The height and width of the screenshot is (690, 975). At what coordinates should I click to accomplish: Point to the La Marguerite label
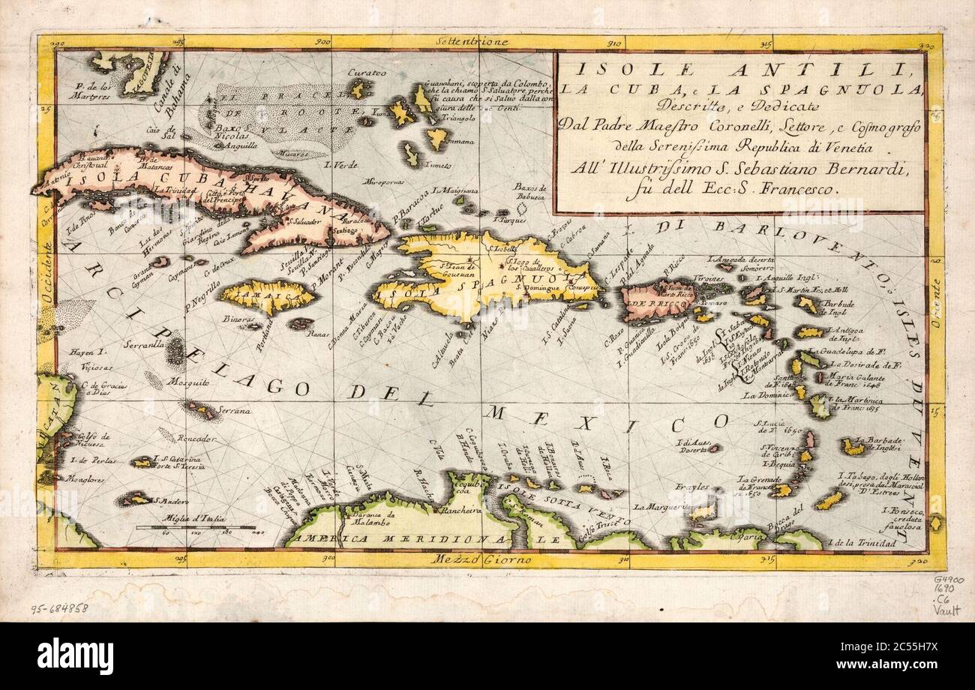[660, 507]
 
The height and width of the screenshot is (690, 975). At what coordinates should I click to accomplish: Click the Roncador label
[197, 438]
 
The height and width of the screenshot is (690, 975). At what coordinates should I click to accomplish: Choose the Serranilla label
[148, 346]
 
